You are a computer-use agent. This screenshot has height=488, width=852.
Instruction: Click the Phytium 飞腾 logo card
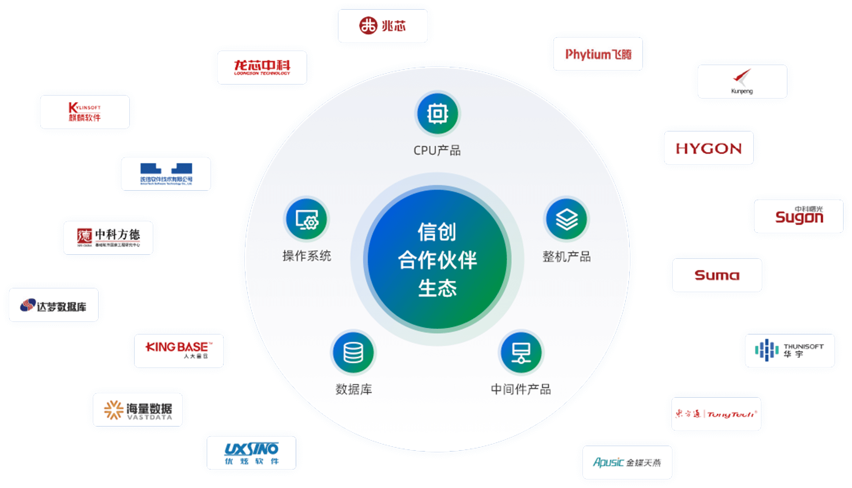pyautogui.click(x=598, y=54)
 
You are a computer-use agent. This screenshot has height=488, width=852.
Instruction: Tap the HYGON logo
pyautogui.click(x=709, y=148)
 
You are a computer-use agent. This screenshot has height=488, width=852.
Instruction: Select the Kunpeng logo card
pyautogui.click(x=742, y=82)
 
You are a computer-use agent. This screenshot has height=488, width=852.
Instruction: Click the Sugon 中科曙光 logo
pyautogui.click(x=799, y=216)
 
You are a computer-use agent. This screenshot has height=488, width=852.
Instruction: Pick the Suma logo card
pyautogui.click(x=717, y=275)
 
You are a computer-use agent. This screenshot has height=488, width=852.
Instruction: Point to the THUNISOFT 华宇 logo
pyautogui.click(x=790, y=351)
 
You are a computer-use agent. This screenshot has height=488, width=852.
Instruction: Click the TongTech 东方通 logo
pyautogui.click(x=716, y=414)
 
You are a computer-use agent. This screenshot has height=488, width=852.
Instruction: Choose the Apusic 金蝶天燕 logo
pyautogui.click(x=627, y=463)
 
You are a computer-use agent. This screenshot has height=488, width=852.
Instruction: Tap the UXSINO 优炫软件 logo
pyautogui.click(x=251, y=453)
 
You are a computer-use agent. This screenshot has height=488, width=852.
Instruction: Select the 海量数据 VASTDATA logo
pyautogui.click(x=138, y=410)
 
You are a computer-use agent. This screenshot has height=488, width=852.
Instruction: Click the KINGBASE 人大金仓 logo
pyautogui.click(x=179, y=351)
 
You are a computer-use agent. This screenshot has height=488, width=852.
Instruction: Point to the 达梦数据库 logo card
pyautogui.click(x=53, y=305)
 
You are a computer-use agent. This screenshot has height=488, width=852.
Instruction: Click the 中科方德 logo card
pyautogui.click(x=108, y=238)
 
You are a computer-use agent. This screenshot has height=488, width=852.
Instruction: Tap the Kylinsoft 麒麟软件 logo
pyautogui.click(x=85, y=112)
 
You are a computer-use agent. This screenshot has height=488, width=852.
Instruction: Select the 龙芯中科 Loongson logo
pyautogui.click(x=262, y=68)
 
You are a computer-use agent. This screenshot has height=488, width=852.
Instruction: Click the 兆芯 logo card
pyautogui.click(x=383, y=26)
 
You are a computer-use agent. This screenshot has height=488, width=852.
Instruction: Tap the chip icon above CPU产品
pyautogui.click(x=437, y=114)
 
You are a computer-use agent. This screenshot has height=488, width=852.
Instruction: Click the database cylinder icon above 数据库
pyautogui.click(x=353, y=353)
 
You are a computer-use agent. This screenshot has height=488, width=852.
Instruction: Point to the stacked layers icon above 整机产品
pyautogui.click(x=567, y=219)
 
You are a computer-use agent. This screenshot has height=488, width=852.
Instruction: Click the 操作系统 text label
pyautogui.click(x=307, y=256)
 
